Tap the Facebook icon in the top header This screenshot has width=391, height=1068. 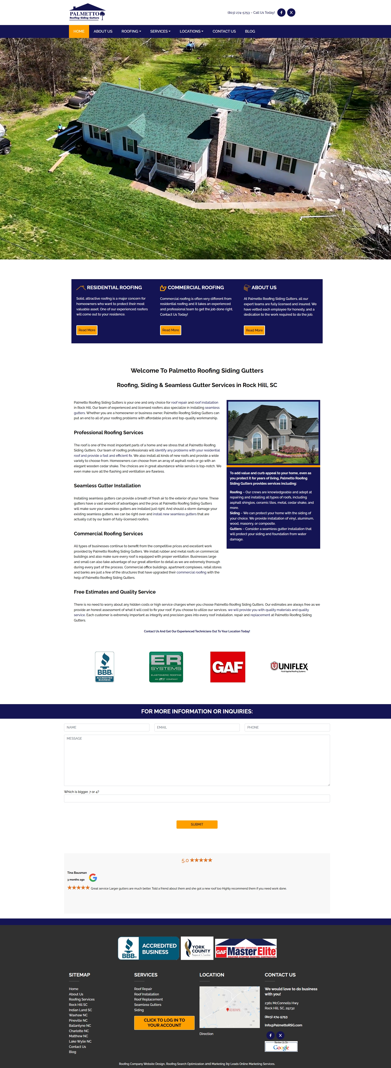point(281,13)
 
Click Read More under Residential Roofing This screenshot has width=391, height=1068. point(87,330)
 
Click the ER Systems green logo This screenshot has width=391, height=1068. point(166,667)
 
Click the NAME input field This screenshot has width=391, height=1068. point(107,727)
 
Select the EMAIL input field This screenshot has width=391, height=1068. point(197,727)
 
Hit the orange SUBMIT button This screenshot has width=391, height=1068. point(197,824)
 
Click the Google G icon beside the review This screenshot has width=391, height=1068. point(93,878)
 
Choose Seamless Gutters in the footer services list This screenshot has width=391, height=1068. point(148,1005)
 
